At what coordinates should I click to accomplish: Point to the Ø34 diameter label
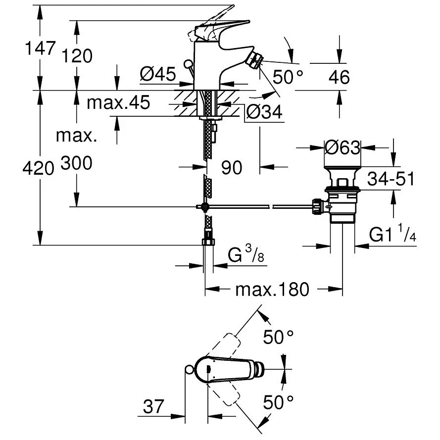[x=263, y=113]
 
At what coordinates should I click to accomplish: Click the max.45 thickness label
[x=118, y=103]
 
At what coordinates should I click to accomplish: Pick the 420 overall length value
[x=38, y=169]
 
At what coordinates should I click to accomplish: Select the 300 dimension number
[x=76, y=163]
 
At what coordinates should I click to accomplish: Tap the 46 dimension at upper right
[x=339, y=77]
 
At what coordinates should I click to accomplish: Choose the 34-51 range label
[x=391, y=179]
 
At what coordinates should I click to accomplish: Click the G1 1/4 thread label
[x=392, y=235]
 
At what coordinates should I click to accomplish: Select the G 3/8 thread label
[x=245, y=256]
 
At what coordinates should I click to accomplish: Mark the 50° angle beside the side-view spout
[x=288, y=77]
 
